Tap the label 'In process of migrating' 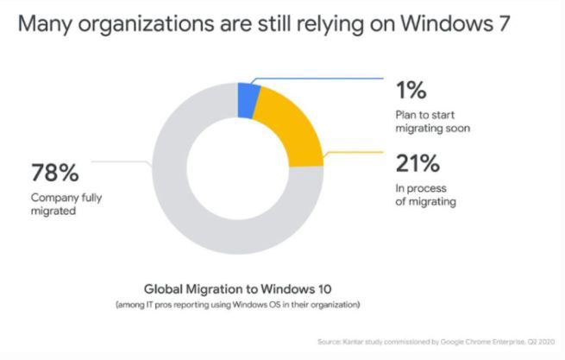tap(426, 193)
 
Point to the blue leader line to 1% tap(319, 79)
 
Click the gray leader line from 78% tap(125, 161)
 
